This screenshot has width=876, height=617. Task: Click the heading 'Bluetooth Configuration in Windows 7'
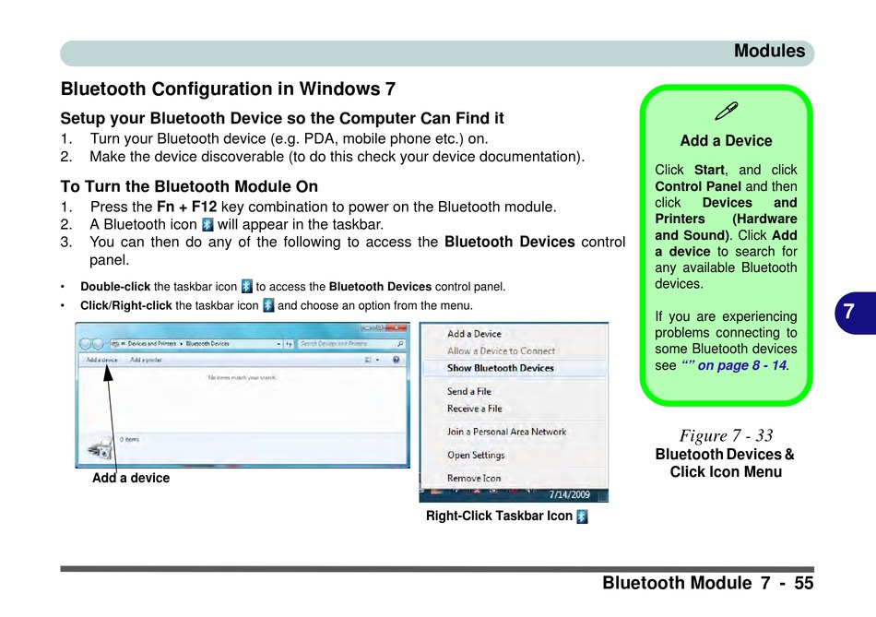coord(228,89)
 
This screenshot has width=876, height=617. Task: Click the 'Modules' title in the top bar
coord(769,52)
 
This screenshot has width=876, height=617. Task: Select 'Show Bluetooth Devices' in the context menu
coord(501,368)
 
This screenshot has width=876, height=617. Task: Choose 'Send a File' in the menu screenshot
coord(470,392)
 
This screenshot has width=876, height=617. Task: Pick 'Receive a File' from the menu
coord(475,409)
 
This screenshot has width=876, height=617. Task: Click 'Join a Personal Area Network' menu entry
coord(507,432)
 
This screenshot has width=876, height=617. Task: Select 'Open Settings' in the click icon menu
coord(476,456)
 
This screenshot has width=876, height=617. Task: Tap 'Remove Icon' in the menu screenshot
coord(474,479)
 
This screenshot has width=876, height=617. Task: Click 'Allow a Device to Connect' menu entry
coord(502,351)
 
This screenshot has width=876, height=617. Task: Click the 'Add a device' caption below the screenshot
coord(131,478)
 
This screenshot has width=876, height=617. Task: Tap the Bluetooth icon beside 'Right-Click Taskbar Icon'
coord(582,516)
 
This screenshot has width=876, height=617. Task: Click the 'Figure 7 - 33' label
coord(726,435)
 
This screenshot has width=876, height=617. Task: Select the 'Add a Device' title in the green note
coord(726,141)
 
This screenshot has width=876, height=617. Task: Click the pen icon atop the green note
coord(726,113)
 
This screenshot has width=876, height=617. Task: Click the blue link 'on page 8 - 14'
coord(741,365)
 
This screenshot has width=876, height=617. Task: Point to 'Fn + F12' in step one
coord(186,207)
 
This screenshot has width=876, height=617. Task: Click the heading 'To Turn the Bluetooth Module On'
coord(189,186)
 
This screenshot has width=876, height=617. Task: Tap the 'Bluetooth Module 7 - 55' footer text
coord(707,583)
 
